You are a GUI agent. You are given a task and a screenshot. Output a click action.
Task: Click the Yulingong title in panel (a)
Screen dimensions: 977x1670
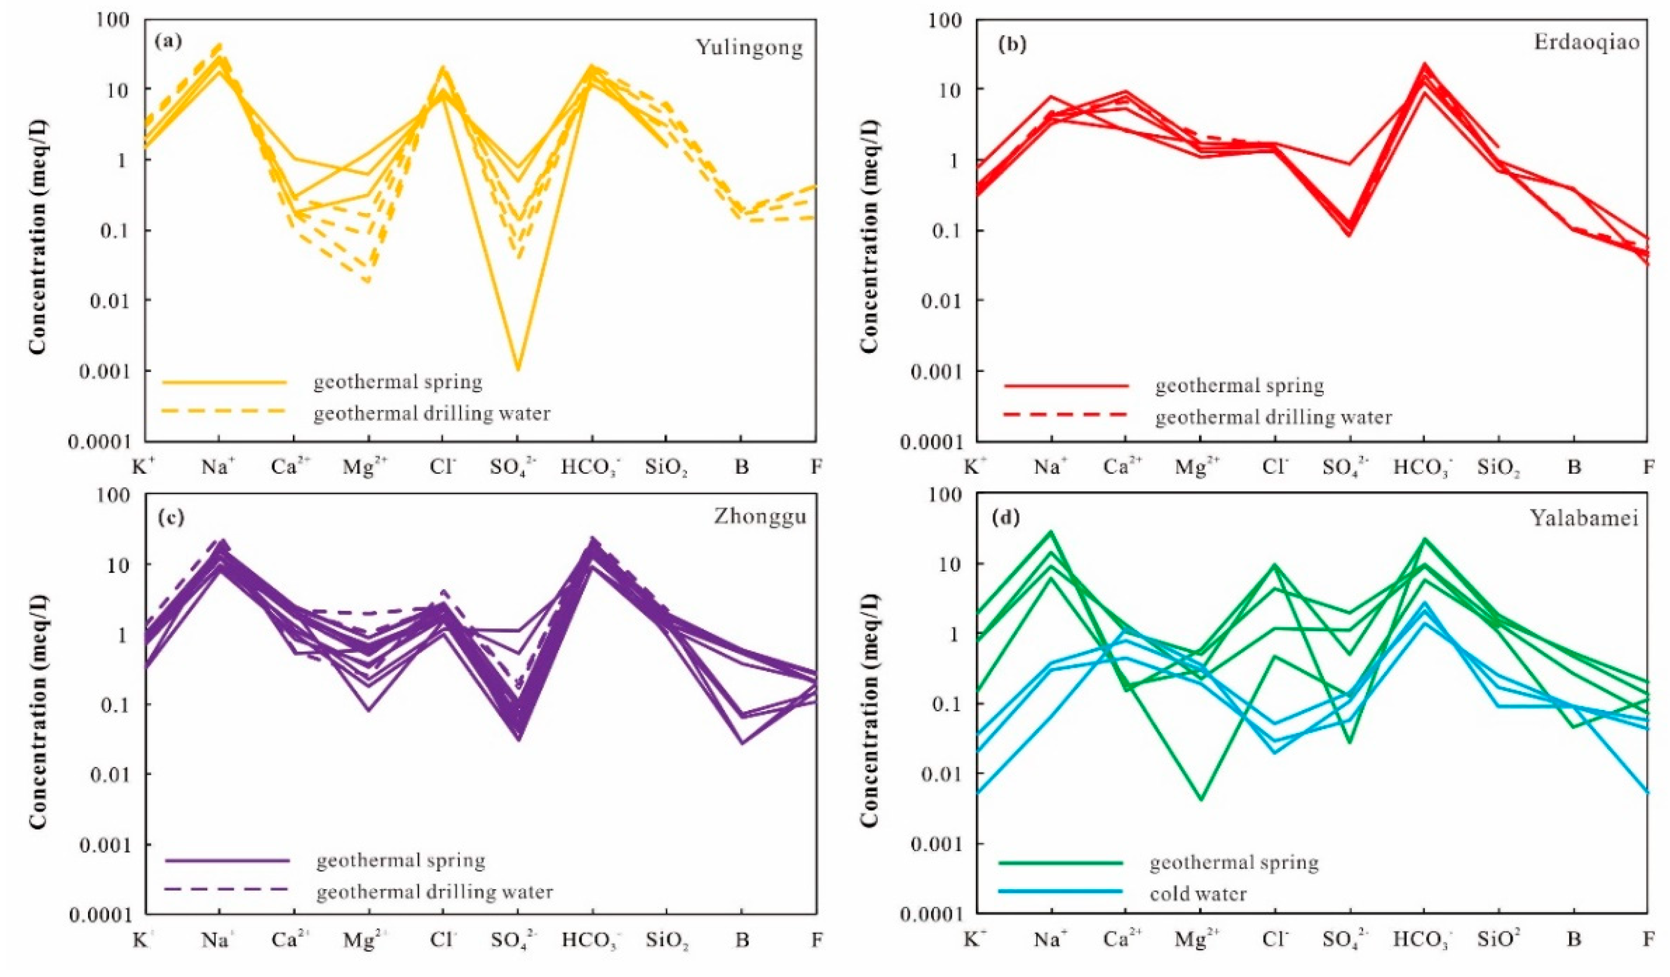[x=749, y=48]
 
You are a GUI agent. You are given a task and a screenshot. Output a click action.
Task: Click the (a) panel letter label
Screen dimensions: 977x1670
[x=167, y=41]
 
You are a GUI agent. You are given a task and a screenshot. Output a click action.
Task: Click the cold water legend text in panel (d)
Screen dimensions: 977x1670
[x=1198, y=894]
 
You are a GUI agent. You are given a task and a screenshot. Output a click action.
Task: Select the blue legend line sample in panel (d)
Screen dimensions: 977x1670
[x=1060, y=892]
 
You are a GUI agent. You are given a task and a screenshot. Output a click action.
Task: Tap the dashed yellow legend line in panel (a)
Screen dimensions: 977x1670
[x=224, y=411]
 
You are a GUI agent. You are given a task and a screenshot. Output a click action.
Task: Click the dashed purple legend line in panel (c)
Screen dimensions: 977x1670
[x=227, y=889]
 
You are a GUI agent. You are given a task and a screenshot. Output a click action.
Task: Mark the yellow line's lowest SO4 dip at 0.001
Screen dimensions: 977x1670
[x=518, y=369]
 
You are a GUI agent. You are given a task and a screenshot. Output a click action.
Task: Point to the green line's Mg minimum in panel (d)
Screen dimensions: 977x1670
[x=1200, y=799]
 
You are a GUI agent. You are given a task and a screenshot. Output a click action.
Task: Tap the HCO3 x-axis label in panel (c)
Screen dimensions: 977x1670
[x=592, y=941]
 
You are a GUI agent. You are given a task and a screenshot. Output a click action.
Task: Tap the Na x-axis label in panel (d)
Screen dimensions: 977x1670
[x=1051, y=941]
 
